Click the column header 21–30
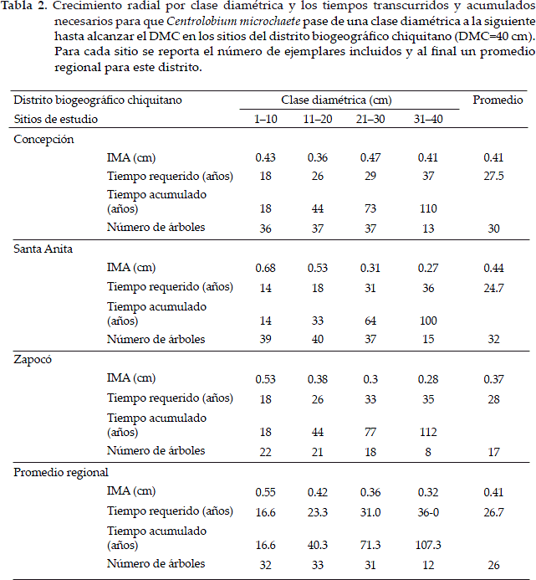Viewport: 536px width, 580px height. [370, 119]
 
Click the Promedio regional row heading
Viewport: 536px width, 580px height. [61, 472]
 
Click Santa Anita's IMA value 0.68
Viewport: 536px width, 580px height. [266, 269]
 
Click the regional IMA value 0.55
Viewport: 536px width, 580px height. [266, 491]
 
